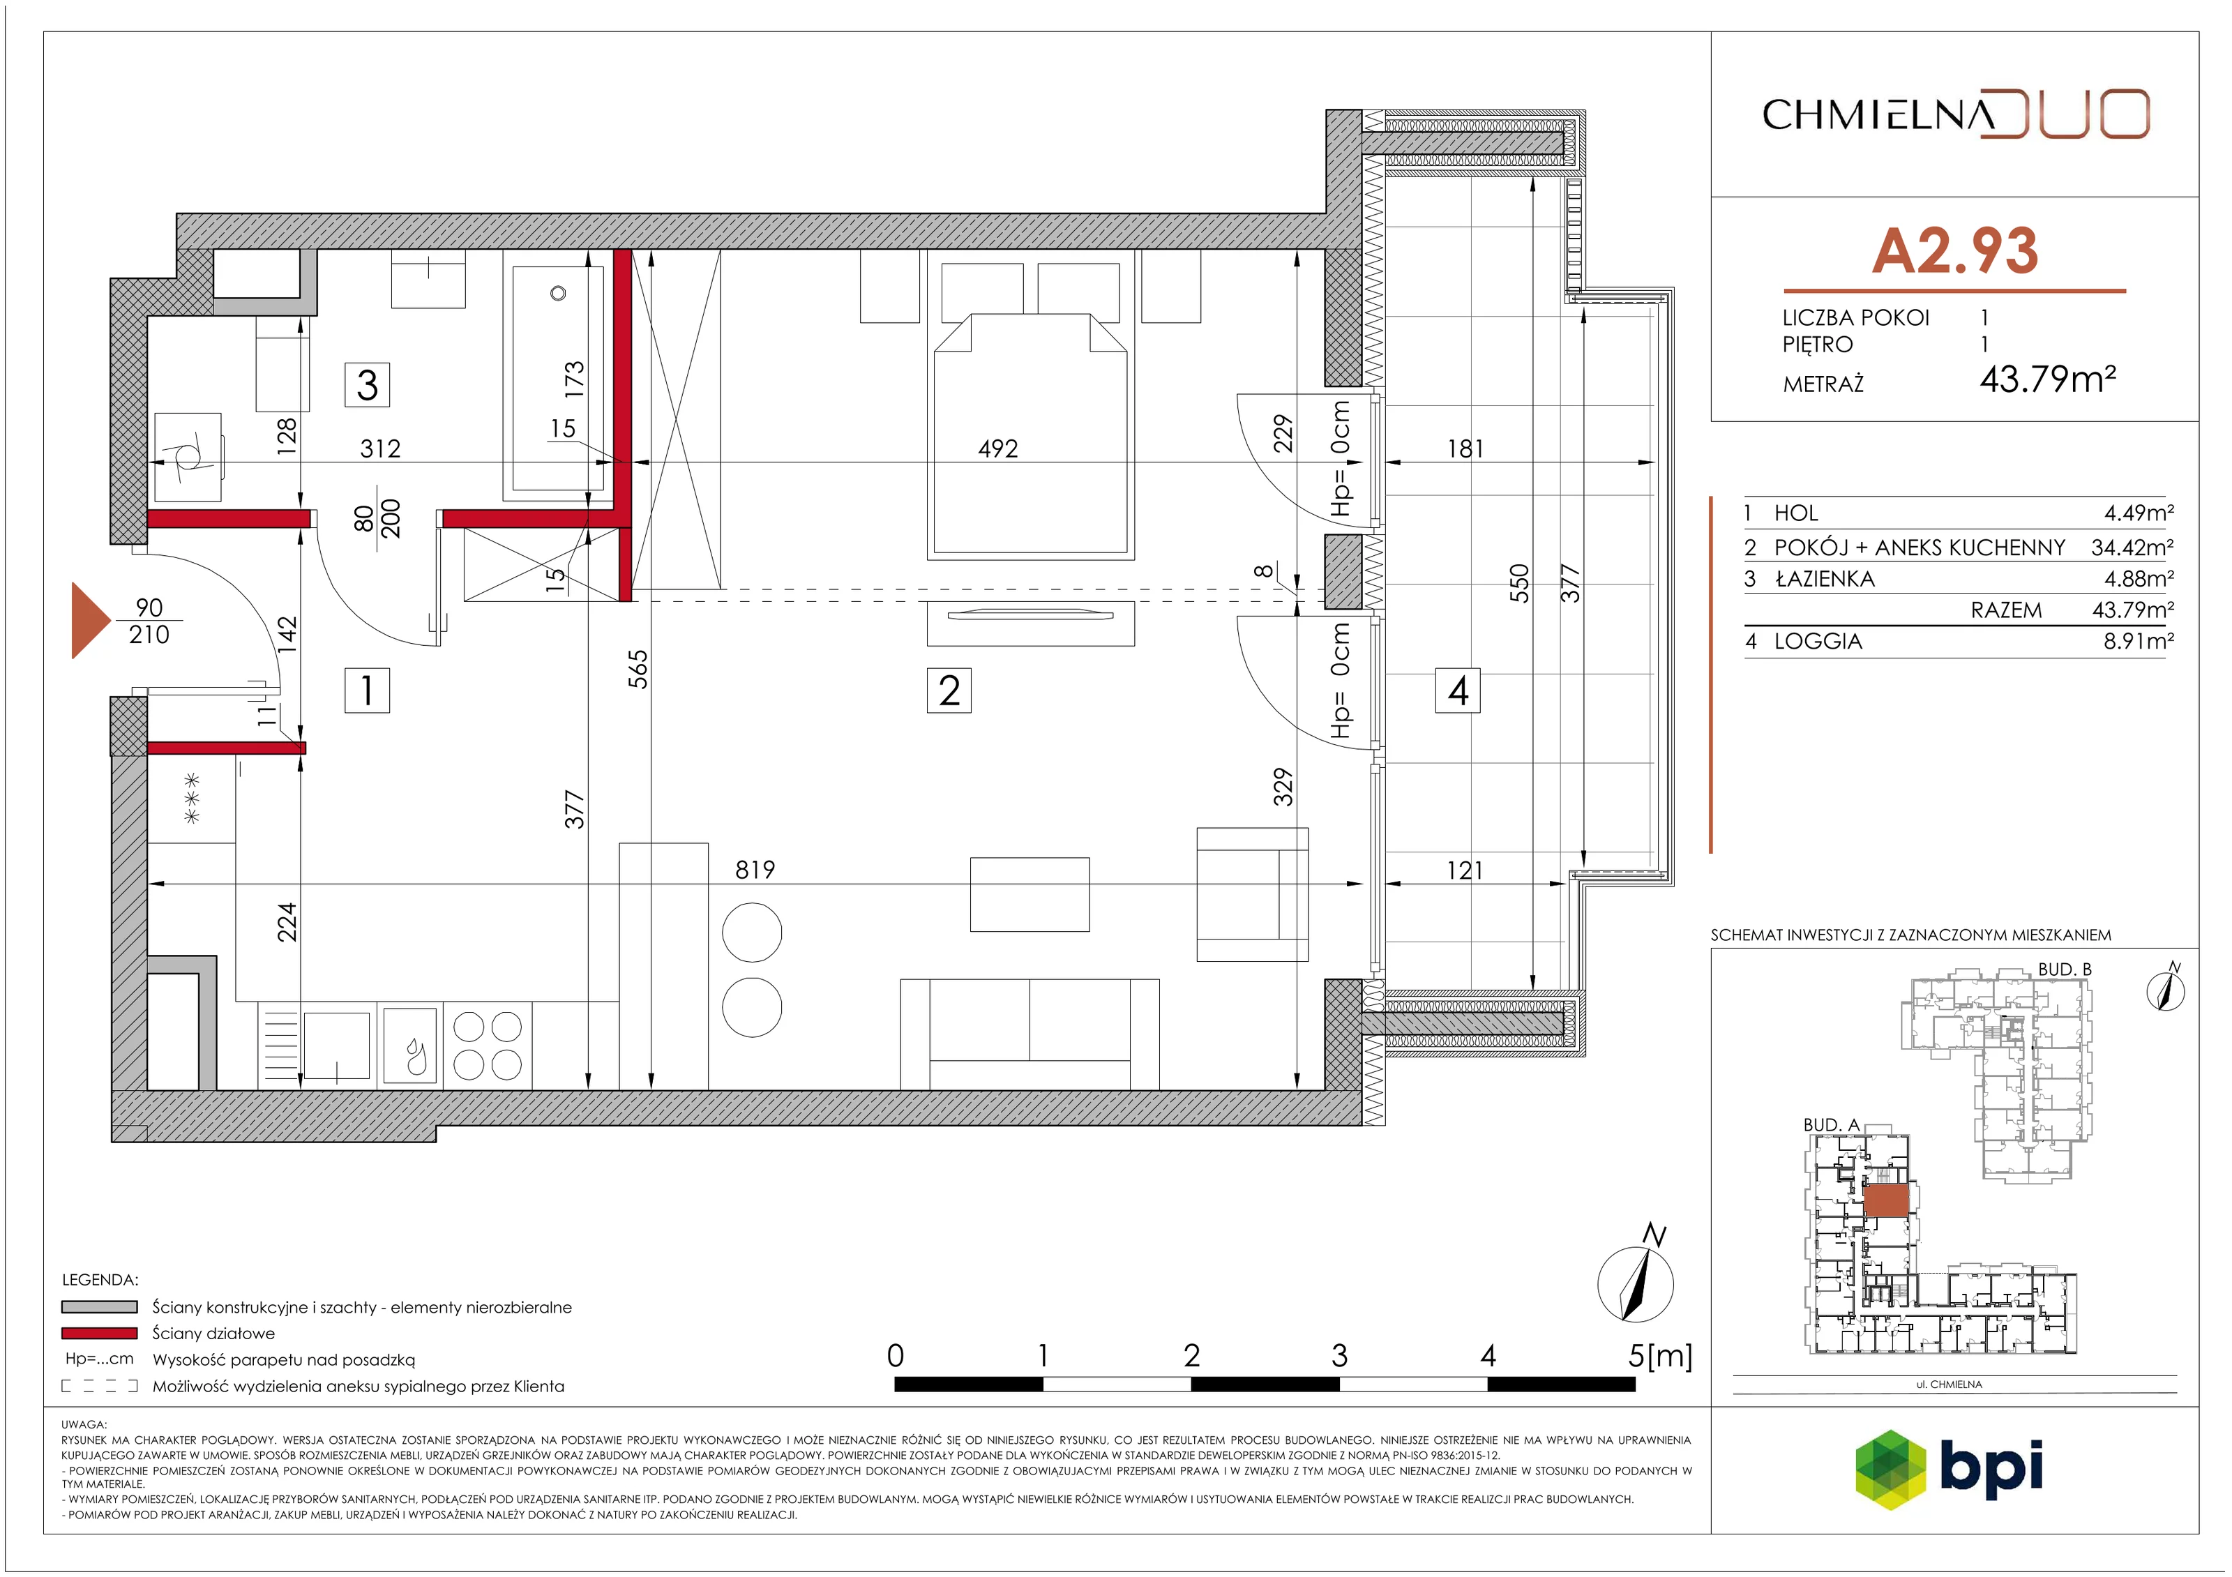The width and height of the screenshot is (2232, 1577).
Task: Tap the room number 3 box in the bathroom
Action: coord(368,384)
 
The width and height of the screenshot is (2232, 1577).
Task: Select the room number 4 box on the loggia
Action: coord(1457,691)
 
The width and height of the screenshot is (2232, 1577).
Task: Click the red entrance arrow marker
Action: coord(91,620)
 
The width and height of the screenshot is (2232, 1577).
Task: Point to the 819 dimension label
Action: coord(755,869)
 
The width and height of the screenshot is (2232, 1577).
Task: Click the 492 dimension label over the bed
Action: coord(997,448)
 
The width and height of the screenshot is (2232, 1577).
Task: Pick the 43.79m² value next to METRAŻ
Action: coord(2047,377)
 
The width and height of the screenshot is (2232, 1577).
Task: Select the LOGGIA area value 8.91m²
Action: coord(2139,641)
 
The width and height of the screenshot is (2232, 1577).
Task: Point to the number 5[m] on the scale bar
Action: coord(1660,1355)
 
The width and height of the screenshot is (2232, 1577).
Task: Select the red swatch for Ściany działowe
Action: coord(99,1333)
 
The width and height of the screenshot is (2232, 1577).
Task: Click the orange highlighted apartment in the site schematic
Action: coord(1887,1201)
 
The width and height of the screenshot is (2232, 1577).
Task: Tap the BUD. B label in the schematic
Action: coord(2065,969)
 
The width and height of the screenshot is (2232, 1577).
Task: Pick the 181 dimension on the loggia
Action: coord(1465,448)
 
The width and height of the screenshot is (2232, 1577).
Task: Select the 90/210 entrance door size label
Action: coord(149,620)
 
